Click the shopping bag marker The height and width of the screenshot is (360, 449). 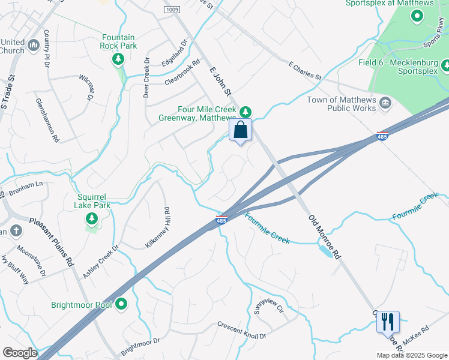240,130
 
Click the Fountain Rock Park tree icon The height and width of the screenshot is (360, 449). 118,58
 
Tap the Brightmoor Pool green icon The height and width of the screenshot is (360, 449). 121,305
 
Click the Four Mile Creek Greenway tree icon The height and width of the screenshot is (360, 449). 245,112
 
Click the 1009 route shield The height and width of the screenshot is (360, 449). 171,10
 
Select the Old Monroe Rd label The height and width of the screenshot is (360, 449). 324,236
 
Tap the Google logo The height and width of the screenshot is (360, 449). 20,353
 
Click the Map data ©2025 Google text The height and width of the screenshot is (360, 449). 411,355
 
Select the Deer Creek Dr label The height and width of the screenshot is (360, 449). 146,78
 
